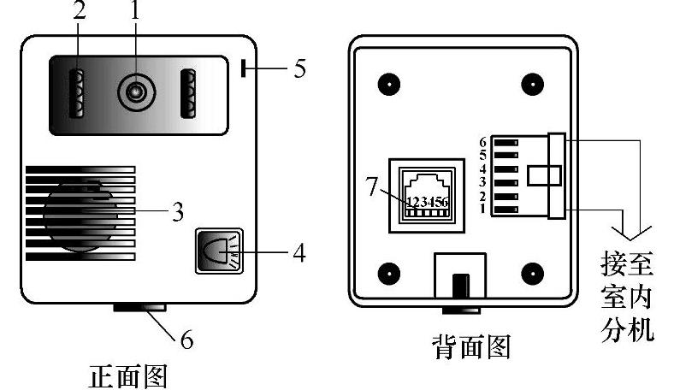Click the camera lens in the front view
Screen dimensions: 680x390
point(137,92)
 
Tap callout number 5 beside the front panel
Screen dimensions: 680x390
point(299,68)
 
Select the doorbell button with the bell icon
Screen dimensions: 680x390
point(219,251)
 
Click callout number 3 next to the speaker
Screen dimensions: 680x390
point(178,212)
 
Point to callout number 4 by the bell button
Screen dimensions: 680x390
point(299,252)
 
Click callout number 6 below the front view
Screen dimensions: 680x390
point(187,340)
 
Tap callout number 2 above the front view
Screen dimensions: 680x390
point(80,11)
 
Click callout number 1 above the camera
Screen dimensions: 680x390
point(136,10)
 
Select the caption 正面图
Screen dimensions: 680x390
point(128,375)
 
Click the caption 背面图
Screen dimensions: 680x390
point(471,347)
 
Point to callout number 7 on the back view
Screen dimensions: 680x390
point(373,187)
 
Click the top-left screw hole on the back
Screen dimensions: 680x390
point(389,84)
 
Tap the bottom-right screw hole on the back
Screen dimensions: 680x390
point(533,274)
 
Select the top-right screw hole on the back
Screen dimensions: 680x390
point(533,84)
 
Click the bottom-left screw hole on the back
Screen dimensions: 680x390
point(389,274)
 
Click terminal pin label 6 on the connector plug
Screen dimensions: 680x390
point(483,142)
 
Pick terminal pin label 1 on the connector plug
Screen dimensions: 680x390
point(483,209)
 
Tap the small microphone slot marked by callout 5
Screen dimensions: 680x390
point(244,68)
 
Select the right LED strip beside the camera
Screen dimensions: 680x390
point(188,93)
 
